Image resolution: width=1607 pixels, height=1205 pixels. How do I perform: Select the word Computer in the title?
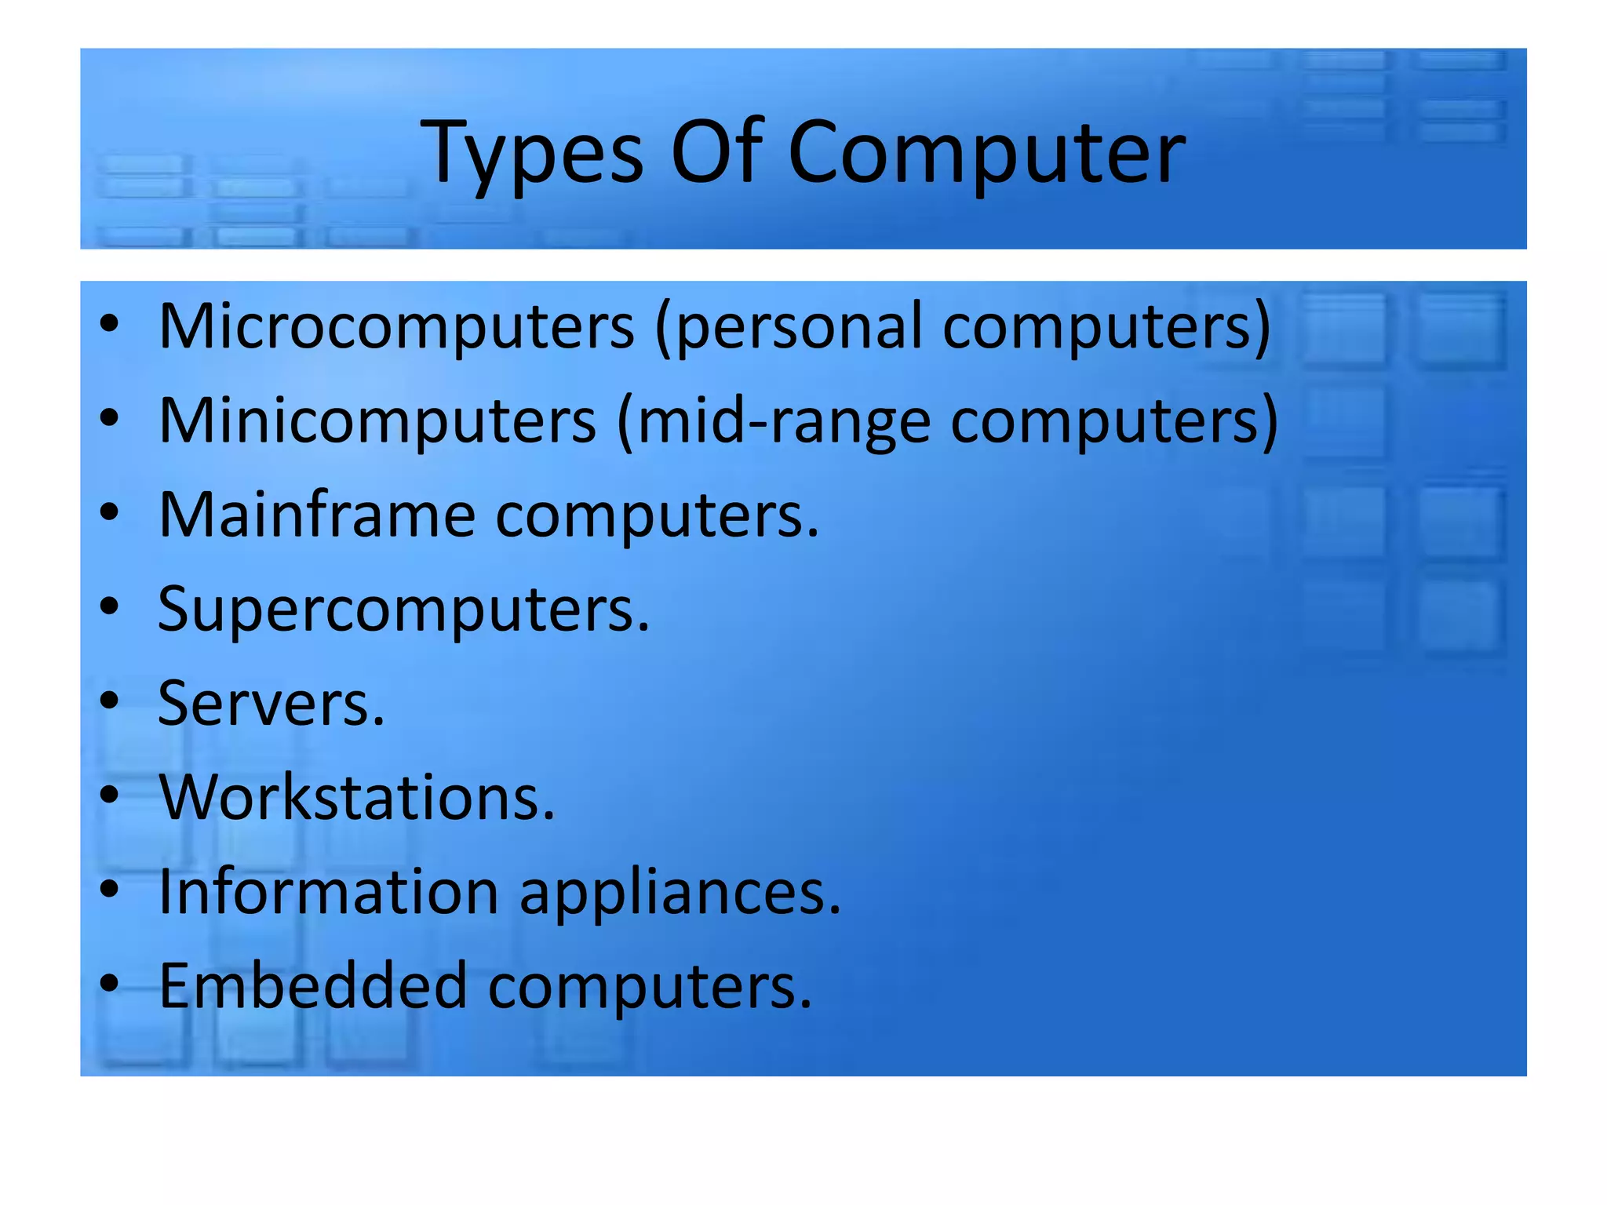click(986, 153)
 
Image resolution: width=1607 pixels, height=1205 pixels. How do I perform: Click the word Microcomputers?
click(396, 326)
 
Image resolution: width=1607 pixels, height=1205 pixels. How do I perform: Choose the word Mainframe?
click(317, 515)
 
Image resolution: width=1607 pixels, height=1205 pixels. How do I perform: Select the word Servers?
click(271, 703)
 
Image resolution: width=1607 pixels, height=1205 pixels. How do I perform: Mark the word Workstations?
click(356, 797)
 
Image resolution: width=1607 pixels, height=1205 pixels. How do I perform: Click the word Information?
click(329, 891)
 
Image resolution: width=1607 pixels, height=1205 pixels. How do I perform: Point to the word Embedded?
click(313, 985)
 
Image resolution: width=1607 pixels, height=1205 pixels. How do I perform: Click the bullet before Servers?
click(109, 700)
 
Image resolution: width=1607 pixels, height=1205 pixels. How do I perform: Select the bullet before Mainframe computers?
click(109, 511)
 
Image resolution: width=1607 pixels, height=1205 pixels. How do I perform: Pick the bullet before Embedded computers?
click(109, 982)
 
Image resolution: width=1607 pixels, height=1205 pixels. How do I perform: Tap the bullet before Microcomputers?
click(109, 322)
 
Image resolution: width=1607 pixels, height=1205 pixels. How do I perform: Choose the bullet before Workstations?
click(109, 794)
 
